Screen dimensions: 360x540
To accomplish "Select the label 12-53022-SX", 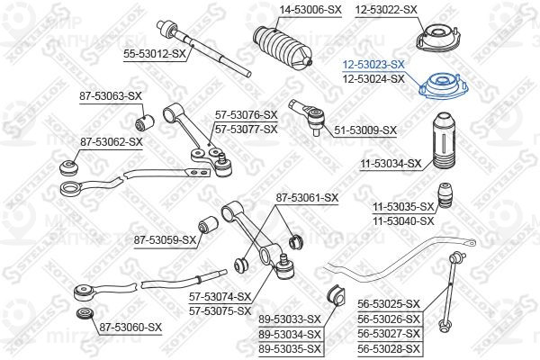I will point(386,9).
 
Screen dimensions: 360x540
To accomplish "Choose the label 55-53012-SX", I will point(154,54).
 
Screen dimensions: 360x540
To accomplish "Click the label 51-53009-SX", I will point(365,130).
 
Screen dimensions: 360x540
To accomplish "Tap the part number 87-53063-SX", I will point(112,95).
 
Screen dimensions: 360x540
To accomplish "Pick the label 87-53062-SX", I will point(112,141).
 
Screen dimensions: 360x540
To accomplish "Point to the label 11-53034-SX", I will point(391,164).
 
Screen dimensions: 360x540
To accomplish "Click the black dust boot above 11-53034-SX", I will point(444,140).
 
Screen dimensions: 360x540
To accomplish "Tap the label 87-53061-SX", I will point(307,197).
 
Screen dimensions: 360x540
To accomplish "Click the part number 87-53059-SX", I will point(165,239).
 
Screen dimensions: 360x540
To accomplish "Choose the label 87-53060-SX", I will point(130,327).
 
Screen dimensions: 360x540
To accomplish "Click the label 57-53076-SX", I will point(245,115).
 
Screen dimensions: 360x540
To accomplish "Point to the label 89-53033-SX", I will point(289,319).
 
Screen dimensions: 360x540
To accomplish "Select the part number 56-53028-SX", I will point(388,348).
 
